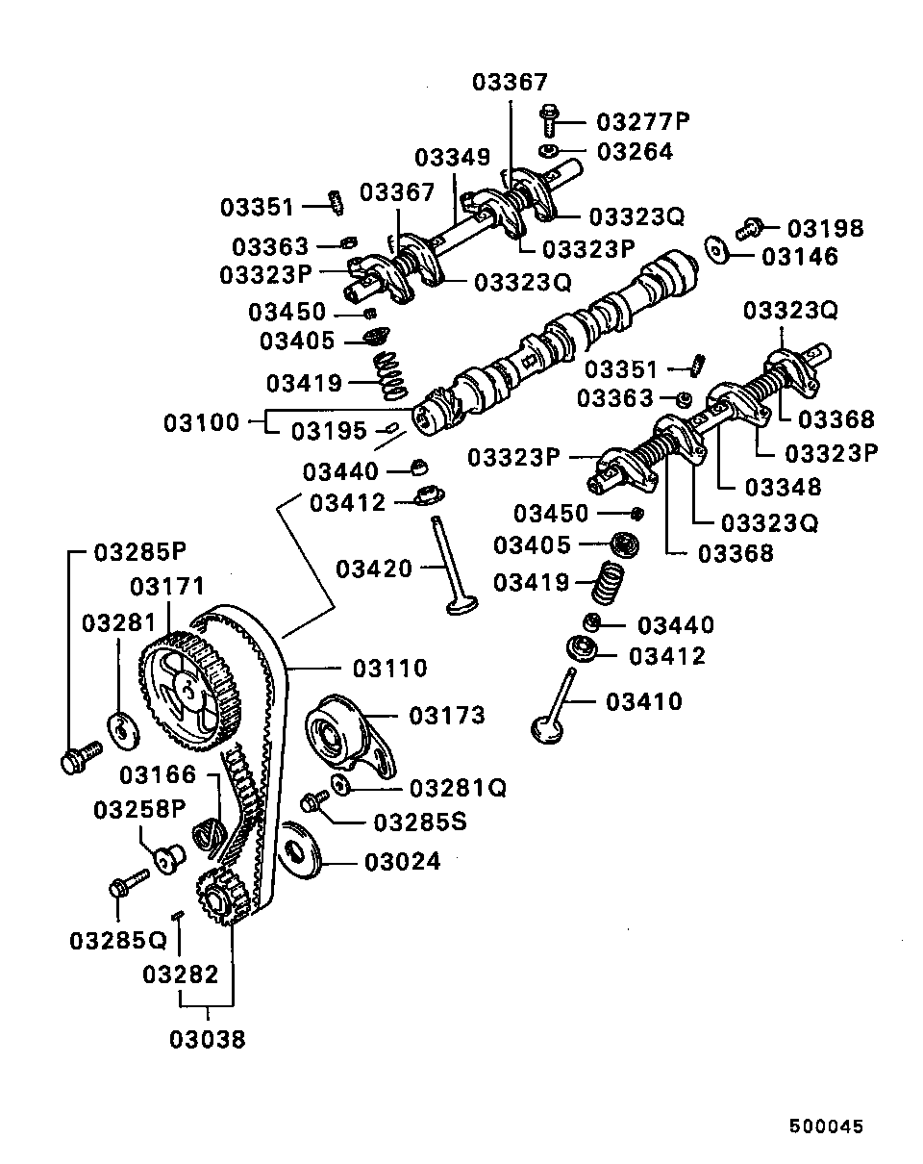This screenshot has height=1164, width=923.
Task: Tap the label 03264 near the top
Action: [635, 152]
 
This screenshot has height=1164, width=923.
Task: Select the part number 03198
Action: [825, 229]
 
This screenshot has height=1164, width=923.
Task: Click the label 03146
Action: [800, 257]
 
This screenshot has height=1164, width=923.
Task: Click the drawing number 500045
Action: [827, 1126]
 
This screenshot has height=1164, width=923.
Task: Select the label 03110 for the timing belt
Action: [389, 668]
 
